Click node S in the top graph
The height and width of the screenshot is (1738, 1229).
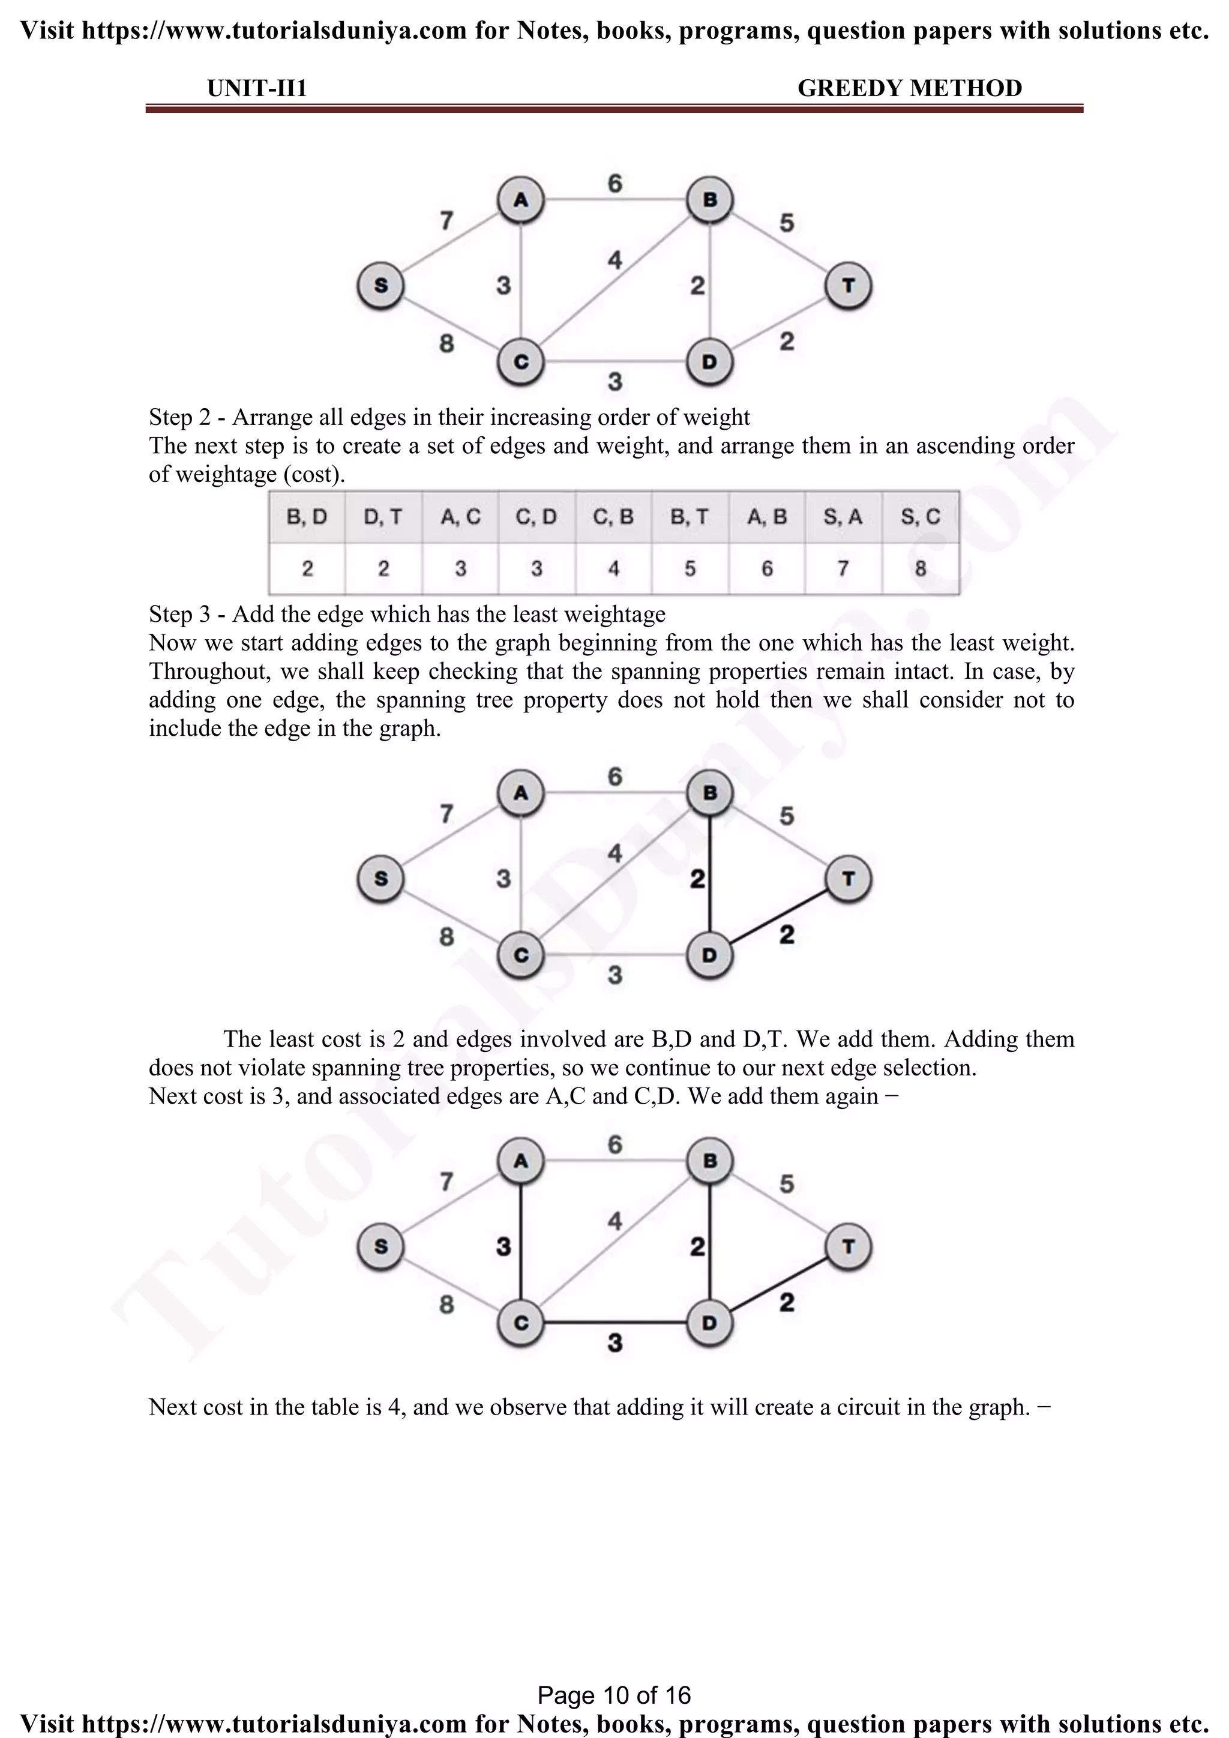point(380,286)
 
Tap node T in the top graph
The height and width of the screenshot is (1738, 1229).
point(849,286)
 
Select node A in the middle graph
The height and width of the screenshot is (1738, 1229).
point(521,793)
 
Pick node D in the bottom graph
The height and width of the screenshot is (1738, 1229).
point(709,1323)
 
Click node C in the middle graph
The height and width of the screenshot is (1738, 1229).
point(521,955)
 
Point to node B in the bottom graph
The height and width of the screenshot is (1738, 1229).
point(709,1161)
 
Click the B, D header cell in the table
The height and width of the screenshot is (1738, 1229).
point(307,517)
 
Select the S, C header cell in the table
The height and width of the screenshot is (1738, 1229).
point(920,517)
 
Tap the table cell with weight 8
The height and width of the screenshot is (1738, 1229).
point(920,568)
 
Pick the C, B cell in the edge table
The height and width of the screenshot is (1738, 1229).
point(613,517)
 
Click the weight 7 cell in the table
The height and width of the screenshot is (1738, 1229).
point(843,568)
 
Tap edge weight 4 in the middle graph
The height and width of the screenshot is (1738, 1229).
point(615,854)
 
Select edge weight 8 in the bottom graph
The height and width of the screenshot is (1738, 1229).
point(446,1304)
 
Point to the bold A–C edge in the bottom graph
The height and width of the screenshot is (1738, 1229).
point(521,1242)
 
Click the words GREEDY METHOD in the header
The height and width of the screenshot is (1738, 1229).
point(910,89)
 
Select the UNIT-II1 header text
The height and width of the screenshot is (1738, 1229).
point(257,89)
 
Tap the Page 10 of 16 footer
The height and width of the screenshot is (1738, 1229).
point(614,1695)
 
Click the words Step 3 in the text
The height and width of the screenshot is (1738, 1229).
point(179,614)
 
